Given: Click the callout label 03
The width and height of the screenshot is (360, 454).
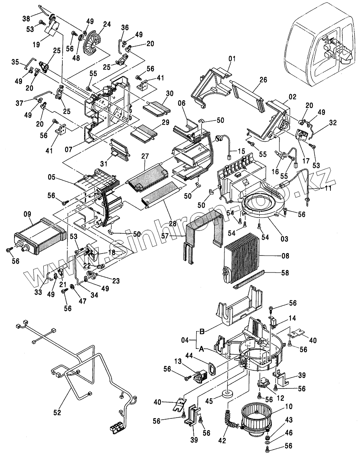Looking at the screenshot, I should tap(284, 239).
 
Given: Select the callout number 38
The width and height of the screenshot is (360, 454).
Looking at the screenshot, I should tap(26, 19).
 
